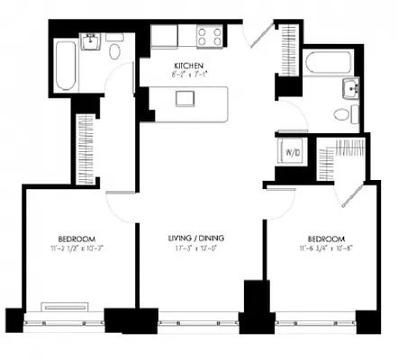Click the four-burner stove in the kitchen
(210, 37)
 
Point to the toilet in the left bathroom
(114, 50)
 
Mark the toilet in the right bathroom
(345, 114)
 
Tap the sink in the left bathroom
(91, 41)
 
